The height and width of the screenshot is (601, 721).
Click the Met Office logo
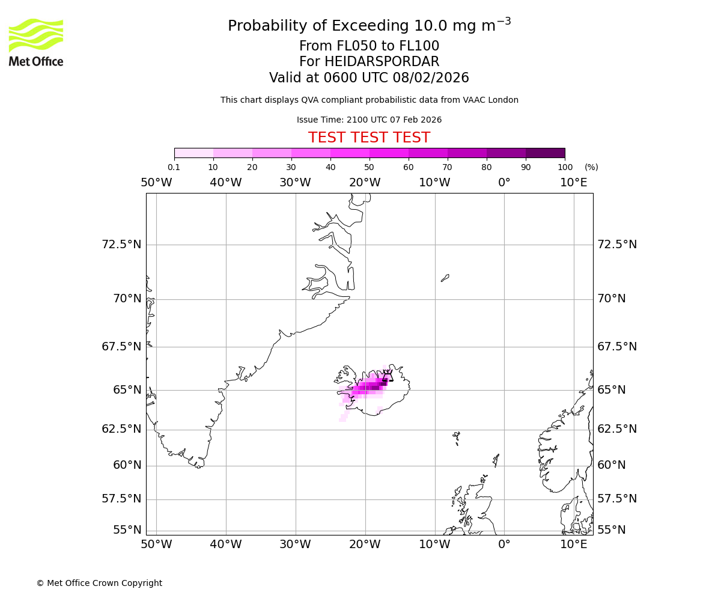[x=36, y=42]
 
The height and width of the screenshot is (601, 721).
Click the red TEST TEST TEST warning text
[x=369, y=138]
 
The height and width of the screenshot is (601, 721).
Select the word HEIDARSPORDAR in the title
[x=382, y=62]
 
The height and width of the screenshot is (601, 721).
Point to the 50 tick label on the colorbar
[x=369, y=167]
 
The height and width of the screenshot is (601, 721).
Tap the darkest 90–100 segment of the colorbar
[x=545, y=153]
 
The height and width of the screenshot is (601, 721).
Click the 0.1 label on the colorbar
[x=174, y=167]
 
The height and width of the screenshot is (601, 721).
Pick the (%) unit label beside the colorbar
[x=591, y=167]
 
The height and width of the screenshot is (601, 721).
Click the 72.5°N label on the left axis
[x=121, y=245]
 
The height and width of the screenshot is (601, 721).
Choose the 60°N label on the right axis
[x=611, y=465]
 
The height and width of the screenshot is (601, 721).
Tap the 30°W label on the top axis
[x=295, y=183]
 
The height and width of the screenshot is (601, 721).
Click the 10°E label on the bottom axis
[x=574, y=545]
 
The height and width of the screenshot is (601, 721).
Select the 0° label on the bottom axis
[x=504, y=545]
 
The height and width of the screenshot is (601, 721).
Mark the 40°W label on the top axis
[x=226, y=183]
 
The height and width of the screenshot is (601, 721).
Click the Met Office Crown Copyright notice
[x=99, y=583]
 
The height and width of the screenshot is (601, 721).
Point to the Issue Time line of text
[x=369, y=120]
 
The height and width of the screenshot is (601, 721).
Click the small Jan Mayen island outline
[x=445, y=278]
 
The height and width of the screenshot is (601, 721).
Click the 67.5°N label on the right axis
[x=616, y=347]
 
